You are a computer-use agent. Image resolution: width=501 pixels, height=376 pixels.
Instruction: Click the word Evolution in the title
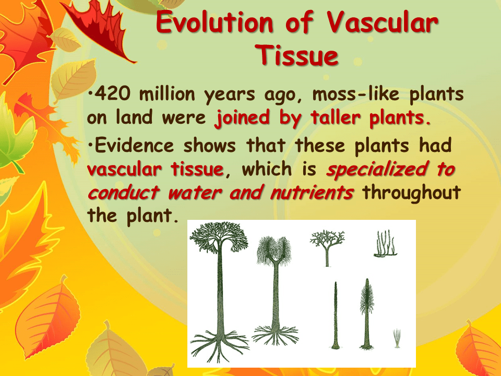214,23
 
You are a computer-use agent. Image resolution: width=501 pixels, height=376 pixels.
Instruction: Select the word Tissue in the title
299,55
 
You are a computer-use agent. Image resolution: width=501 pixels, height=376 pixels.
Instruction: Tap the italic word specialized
390,169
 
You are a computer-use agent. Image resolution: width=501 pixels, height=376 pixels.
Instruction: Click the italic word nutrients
312,192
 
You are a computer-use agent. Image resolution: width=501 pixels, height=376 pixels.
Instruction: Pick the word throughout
412,192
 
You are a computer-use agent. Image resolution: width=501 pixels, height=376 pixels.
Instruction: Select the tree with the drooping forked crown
275,282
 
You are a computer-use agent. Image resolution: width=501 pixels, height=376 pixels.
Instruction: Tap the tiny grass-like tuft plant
397,338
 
